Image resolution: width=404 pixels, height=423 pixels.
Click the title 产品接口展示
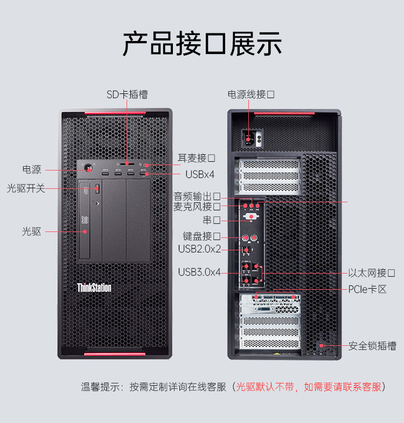click(x=202, y=44)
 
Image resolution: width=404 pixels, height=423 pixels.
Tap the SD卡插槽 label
click(x=127, y=94)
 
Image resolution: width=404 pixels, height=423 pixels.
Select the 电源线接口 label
click(x=251, y=94)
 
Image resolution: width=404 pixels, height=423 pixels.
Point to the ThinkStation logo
click(x=94, y=288)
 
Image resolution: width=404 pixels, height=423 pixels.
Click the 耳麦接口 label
click(x=196, y=158)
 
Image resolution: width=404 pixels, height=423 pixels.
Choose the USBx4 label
click(x=200, y=175)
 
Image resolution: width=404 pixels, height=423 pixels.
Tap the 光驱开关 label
click(x=26, y=188)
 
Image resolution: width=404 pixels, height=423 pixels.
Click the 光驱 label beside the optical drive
click(x=31, y=231)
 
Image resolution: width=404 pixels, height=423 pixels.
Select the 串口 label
click(x=212, y=220)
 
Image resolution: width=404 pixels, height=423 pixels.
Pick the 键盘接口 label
click(x=201, y=236)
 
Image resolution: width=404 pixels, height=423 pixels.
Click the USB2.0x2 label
click(x=199, y=249)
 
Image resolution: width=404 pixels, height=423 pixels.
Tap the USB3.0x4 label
click(x=199, y=272)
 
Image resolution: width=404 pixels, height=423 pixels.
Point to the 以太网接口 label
click(x=372, y=273)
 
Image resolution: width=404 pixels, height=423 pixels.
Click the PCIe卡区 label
click(x=367, y=289)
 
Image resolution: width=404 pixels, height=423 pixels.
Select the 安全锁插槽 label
click(x=372, y=346)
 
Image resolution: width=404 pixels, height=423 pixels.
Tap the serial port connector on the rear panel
click(x=251, y=217)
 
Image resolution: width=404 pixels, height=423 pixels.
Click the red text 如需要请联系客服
click(x=343, y=387)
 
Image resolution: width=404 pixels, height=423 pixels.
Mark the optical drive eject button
click(x=97, y=188)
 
